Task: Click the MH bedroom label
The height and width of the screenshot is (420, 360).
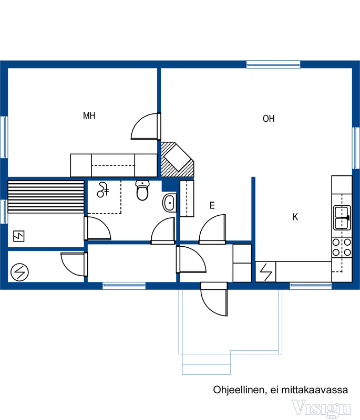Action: point(89,115)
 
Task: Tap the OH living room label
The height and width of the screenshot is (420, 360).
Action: point(269,119)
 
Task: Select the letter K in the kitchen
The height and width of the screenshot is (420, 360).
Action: point(295,217)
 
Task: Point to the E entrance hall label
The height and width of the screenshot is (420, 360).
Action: point(212,205)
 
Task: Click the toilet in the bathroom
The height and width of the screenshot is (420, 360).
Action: point(142,190)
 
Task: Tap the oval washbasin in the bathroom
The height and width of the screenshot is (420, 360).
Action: point(169,203)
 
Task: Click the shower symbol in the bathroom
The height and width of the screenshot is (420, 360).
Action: point(102,190)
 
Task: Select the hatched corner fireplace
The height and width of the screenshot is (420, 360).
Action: point(177,160)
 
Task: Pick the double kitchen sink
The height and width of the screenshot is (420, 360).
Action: point(342,217)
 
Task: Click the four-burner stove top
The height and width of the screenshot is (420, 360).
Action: point(342,247)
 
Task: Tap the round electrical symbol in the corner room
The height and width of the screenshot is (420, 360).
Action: point(19,272)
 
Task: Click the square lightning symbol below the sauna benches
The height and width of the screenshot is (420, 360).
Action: point(19,236)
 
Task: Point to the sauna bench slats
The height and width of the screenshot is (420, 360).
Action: point(46,197)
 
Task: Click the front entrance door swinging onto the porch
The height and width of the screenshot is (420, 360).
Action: point(214,299)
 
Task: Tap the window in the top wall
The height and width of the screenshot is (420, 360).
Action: point(273,64)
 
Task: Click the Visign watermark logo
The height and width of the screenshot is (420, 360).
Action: point(321,408)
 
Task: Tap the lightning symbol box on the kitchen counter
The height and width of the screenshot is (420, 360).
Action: point(265,271)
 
